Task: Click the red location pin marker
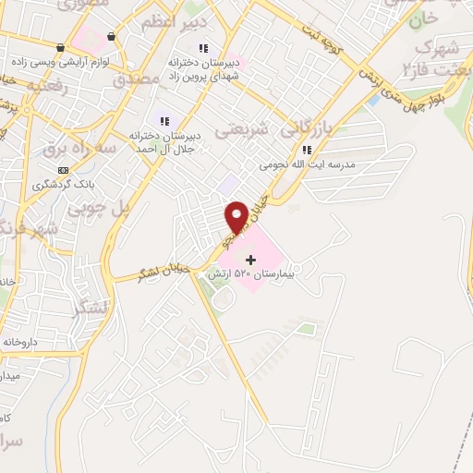click(x=237, y=216)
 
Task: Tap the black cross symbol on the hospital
click(x=251, y=260)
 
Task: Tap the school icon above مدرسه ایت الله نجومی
click(x=308, y=151)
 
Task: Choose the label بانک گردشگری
click(x=63, y=184)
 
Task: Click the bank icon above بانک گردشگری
click(x=63, y=170)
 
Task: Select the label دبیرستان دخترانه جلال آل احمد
click(x=165, y=139)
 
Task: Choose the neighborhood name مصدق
click(x=137, y=80)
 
